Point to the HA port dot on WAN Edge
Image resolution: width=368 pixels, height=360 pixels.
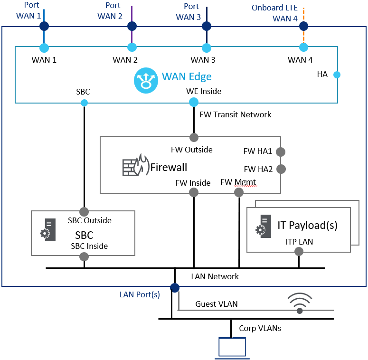tap(337, 75)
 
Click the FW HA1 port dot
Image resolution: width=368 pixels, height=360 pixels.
tap(281, 152)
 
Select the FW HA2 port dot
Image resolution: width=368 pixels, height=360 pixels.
tap(281, 169)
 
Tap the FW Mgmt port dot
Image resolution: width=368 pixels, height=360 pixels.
tap(239, 192)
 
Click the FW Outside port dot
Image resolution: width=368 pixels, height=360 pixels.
tap(194, 138)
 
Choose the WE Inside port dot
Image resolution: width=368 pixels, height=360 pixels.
tap(194, 102)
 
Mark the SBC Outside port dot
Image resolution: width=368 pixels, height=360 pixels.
tap(84, 211)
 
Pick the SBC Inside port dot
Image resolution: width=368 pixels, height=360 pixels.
tap(84, 257)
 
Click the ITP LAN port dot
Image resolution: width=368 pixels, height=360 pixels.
tap(299, 253)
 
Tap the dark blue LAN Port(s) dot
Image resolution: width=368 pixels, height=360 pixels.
tap(175, 287)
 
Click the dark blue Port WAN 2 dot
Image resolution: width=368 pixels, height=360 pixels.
tap(132, 26)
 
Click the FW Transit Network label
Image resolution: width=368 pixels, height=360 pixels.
tap(236, 114)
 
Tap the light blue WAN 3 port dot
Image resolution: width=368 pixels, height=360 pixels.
tap(206, 47)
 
